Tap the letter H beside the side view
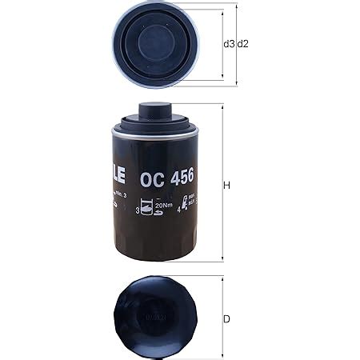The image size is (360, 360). tap(227, 186)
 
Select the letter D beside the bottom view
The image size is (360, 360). tap(227, 319)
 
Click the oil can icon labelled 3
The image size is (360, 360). tap(149, 209)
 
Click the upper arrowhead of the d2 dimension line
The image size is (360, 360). tap(238, 6)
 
